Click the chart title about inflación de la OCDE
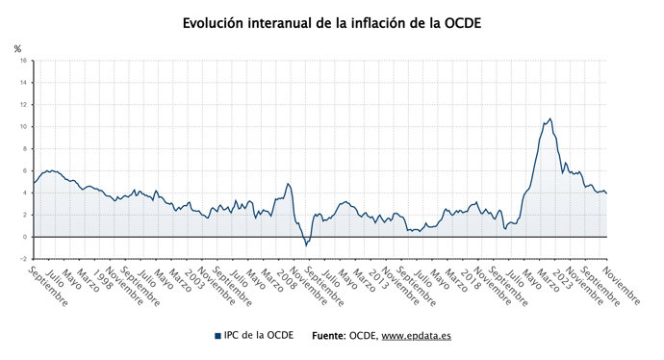pyautogui.click(x=332, y=21)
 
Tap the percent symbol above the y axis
pyautogui.click(x=17, y=48)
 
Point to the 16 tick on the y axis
pyautogui.click(x=23, y=60)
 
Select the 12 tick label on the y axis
pyautogui.click(x=23, y=104)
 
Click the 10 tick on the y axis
pyautogui.click(x=23, y=126)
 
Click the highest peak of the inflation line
pyautogui.click(x=549, y=118)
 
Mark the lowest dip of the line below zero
pyautogui.click(x=306, y=244)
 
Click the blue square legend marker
pyautogui.click(x=217, y=336)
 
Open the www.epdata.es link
pyautogui.click(x=417, y=336)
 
